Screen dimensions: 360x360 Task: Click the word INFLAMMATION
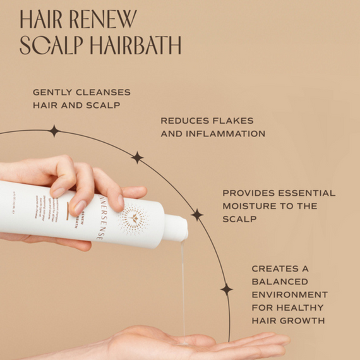pyautogui.click(x=226, y=134)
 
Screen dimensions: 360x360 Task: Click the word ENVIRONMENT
pyautogui.click(x=290, y=294)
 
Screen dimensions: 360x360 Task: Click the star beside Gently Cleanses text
pyautogui.click(x=54, y=131)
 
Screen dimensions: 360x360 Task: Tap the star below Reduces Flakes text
pyautogui.click(x=137, y=157)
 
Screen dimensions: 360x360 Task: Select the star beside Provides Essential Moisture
pyautogui.click(x=197, y=215)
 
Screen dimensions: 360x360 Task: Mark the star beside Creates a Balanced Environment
pyautogui.click(x=226, y=289)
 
